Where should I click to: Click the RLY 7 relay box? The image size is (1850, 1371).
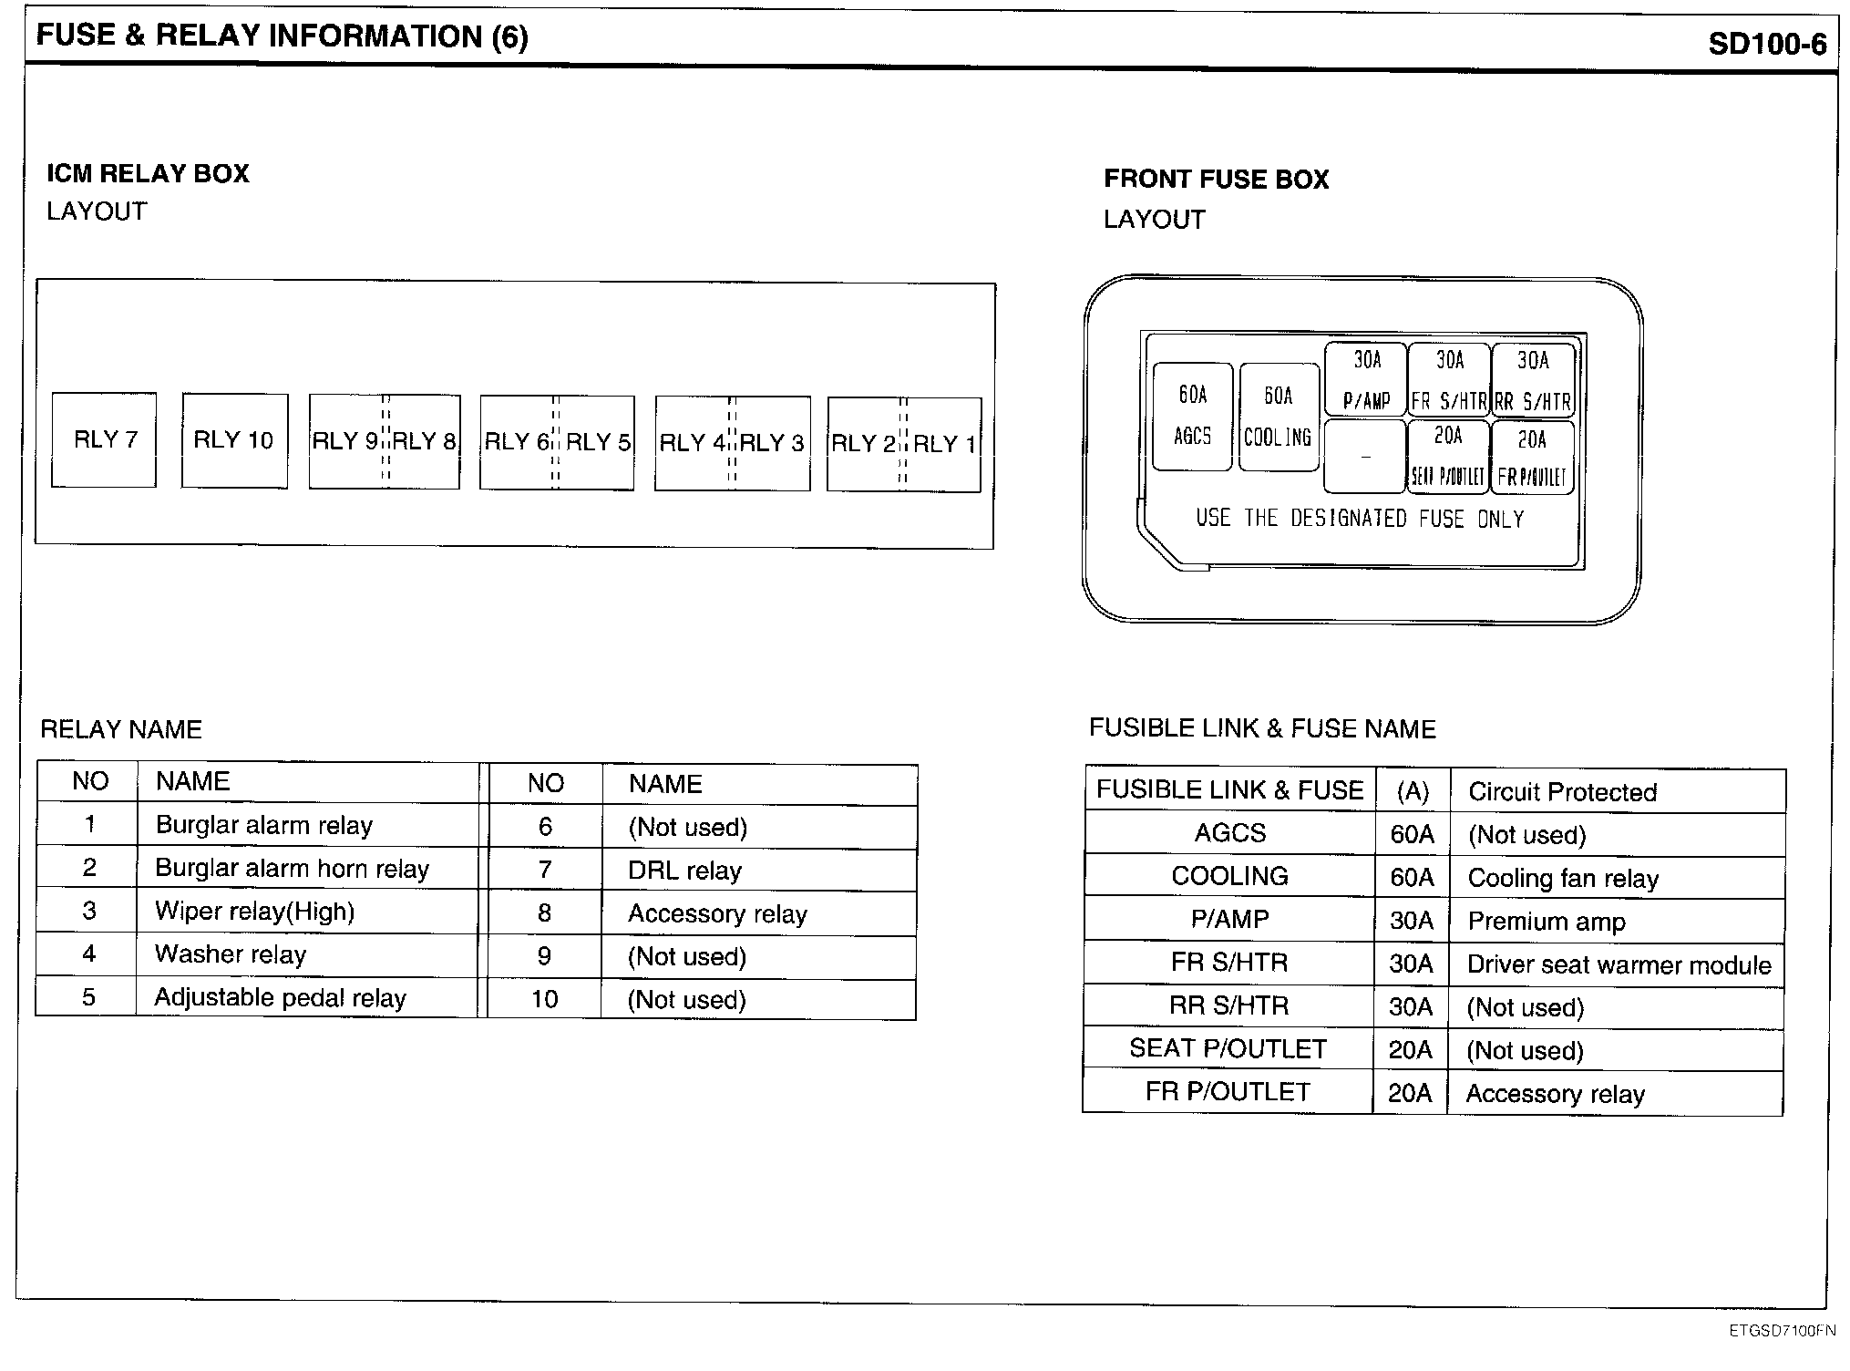(104, 440)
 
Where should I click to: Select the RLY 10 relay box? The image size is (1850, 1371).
(234, 441)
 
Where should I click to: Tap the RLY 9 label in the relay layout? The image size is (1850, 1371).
(345, 442)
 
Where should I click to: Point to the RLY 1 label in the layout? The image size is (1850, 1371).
(944, 445)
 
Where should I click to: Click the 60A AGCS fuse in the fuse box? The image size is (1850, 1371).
(1192, 417)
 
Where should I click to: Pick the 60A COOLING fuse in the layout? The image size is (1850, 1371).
(1279, 417)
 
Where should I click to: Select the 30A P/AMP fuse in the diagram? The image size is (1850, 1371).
(1365, 379)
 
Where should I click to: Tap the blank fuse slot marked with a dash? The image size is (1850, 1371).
(1364, 456)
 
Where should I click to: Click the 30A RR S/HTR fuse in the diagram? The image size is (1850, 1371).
(1533, 379)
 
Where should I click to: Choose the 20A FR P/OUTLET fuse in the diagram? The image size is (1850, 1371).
(1533, 457)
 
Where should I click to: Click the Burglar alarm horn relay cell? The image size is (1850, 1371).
(292, 869)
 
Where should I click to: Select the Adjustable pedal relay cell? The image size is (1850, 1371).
(280, 998)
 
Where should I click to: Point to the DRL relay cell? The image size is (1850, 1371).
(684, 871)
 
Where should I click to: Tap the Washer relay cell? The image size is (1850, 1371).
(231, 955)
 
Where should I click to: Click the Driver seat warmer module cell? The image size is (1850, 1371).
(1619, 965)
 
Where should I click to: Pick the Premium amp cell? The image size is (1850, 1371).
(1547, 923)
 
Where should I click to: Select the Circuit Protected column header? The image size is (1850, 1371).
(1562, 792)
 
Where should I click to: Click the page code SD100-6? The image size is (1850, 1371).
(1766, 44)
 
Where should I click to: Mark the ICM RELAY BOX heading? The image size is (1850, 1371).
(148, 174)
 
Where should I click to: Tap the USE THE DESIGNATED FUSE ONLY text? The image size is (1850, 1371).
(1360, 519)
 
